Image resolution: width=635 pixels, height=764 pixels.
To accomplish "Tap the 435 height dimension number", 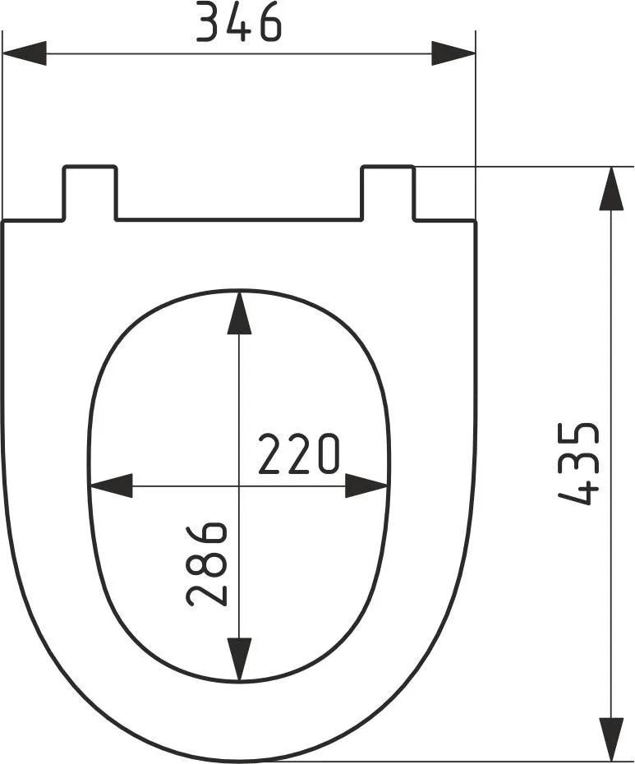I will point(580,463).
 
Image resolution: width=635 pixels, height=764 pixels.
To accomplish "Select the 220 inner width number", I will point(298,455).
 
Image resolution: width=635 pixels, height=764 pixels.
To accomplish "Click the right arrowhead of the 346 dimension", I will point(454,54).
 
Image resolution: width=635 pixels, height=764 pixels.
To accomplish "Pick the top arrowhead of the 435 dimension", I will point(611,189).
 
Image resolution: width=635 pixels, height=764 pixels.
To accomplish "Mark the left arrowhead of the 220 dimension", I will point(110,486).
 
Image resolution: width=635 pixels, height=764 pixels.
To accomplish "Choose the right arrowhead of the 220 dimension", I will point(366,486).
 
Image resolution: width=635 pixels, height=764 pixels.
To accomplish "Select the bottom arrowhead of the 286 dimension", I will point(239,660).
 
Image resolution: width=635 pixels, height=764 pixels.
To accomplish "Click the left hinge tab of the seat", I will point(90,192).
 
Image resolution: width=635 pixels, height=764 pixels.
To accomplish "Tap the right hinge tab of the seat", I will point(388,192).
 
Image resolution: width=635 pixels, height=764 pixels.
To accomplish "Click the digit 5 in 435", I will point(580,437).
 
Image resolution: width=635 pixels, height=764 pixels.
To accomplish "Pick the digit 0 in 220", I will point(327,455).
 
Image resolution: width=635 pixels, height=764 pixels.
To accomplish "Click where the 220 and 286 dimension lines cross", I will point(239,486).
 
